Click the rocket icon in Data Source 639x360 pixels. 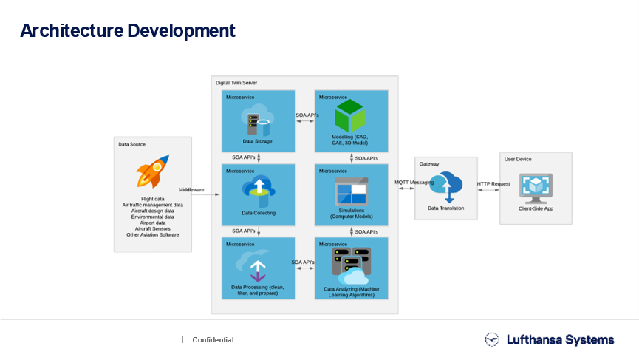152,171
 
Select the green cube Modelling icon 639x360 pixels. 349,115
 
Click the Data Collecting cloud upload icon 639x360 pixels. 259,191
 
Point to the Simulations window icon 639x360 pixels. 352,191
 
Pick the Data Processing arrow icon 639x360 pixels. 257,266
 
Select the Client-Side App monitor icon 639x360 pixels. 536,189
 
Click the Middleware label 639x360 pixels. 191,189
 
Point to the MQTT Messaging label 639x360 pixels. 414,183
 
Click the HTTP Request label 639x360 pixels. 493,184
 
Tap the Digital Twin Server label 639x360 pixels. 236,83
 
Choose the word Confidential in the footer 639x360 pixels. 213,339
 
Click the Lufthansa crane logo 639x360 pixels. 492,339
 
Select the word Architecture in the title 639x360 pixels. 72,30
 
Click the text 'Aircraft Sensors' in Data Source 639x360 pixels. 153,228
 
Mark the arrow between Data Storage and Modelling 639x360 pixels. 305,121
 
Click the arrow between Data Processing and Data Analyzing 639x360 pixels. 305,268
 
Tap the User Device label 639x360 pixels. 518,160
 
